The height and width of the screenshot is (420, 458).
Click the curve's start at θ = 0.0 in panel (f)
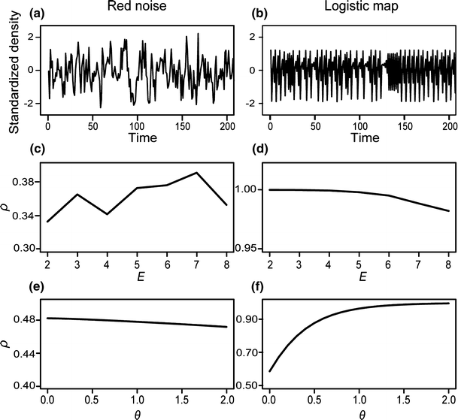coord(270,371)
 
